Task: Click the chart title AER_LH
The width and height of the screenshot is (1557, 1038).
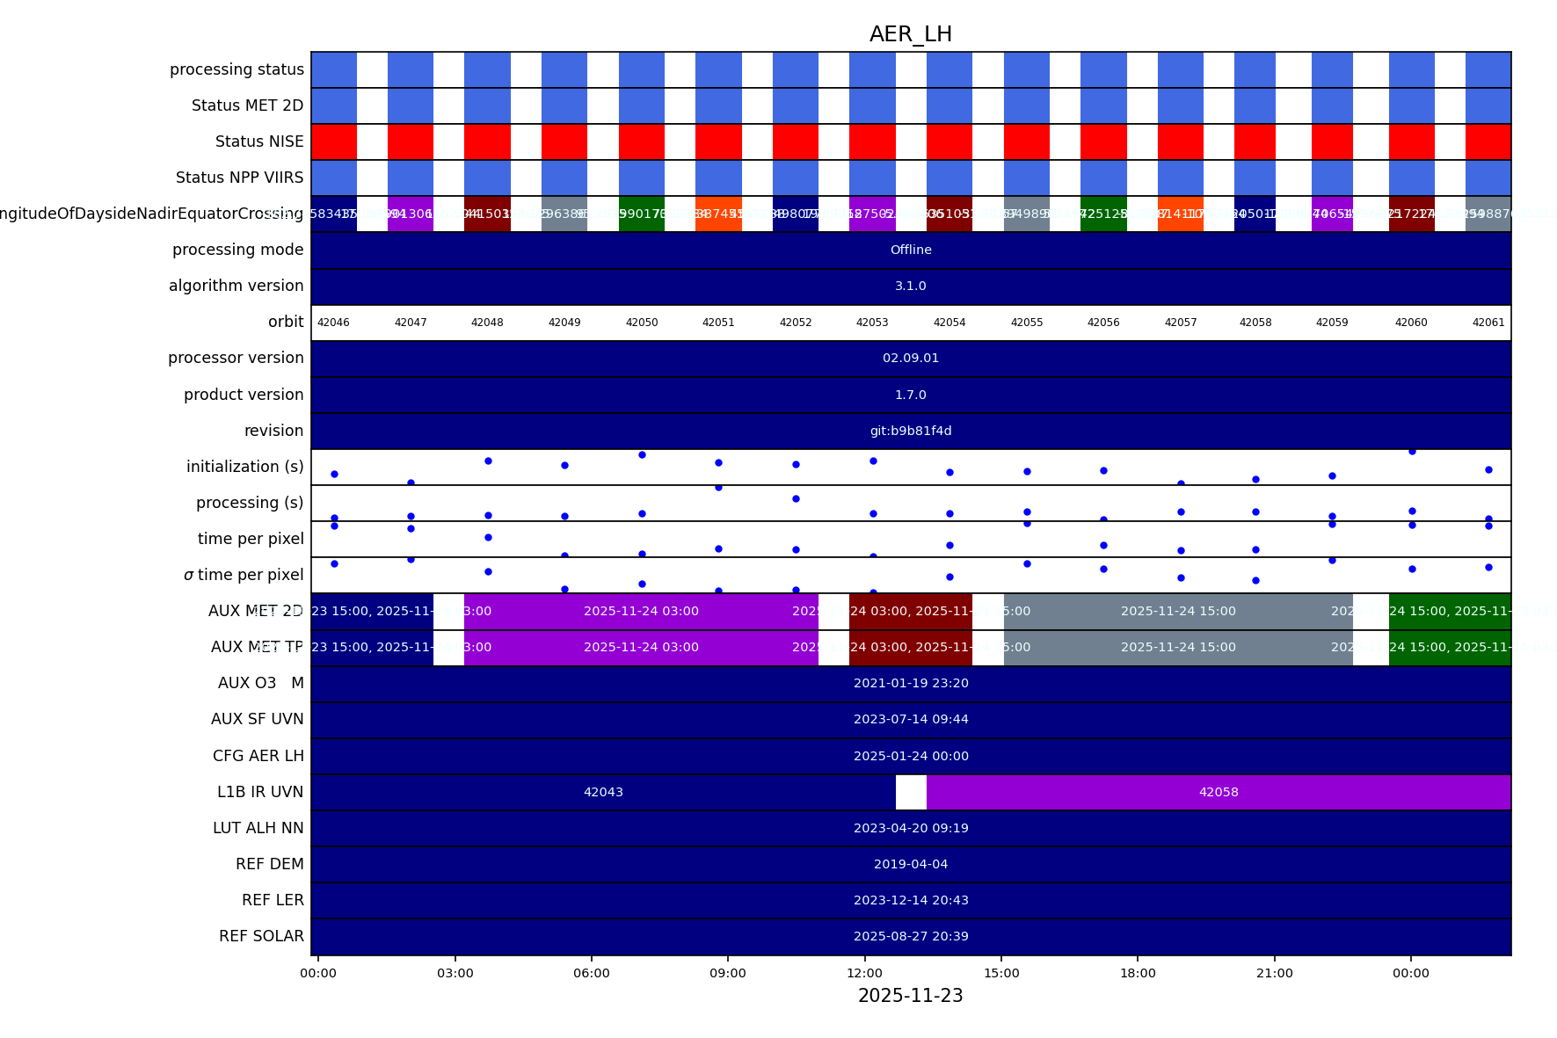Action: (x=910, y=34)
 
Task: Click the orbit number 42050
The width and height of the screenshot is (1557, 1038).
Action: (x=642, y=323)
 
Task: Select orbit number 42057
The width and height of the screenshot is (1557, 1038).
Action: (x=1181, y=323)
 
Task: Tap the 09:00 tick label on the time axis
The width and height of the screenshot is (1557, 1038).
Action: (x=728, y=973)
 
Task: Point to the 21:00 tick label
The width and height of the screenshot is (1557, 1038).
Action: (x=1274, y=973)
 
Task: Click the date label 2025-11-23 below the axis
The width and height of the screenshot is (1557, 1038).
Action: (x=910, y=996)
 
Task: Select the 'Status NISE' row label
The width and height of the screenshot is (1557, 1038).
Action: (x=259, y=142)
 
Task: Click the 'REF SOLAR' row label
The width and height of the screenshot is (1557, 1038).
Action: (x=261, y=936)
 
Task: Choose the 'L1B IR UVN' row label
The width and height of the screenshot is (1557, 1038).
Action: (x=260, y=792)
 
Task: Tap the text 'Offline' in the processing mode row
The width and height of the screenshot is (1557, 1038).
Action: (x=911, y=250)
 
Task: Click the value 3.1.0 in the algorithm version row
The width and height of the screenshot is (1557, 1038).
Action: (x=911, y=286)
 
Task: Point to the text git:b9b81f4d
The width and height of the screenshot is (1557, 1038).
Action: (x=911, y=431)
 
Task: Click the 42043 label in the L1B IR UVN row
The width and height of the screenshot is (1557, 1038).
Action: (x=603, y=792)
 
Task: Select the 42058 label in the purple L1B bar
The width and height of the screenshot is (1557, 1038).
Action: (x=1219, y=792)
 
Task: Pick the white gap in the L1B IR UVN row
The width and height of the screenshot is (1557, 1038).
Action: (x=911, y=792)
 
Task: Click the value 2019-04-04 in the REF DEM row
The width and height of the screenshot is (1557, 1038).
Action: (x=911, y=864)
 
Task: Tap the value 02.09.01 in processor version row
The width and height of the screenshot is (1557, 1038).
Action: (x=911, y=358)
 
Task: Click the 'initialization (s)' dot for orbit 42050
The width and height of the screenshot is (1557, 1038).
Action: (x=642, y=454)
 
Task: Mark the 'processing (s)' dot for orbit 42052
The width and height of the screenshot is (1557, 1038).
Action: (x=796, y=498)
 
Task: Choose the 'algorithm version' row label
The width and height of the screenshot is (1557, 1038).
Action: (x=236, y=286)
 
